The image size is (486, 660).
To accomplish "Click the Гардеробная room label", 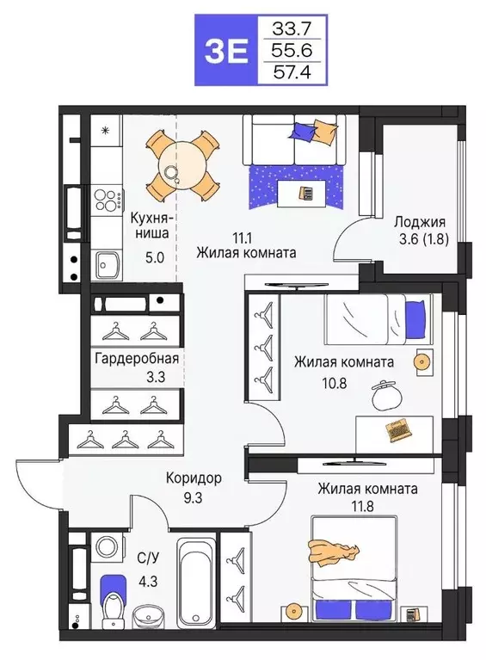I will click(138, 360).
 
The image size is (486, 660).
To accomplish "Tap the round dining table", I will click(181, 164).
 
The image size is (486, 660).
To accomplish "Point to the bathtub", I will click(195, 575).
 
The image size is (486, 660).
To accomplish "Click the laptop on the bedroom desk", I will click(397, 428).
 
